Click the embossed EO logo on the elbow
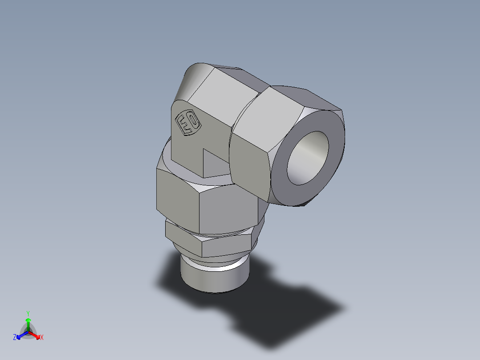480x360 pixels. (x=187, y=123)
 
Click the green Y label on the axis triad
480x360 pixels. (x=28, y=313)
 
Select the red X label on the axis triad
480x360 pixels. (x=42, y=338)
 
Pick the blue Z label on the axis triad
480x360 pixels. (x=15, y=338)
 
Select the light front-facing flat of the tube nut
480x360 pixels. (x=249, y=160)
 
